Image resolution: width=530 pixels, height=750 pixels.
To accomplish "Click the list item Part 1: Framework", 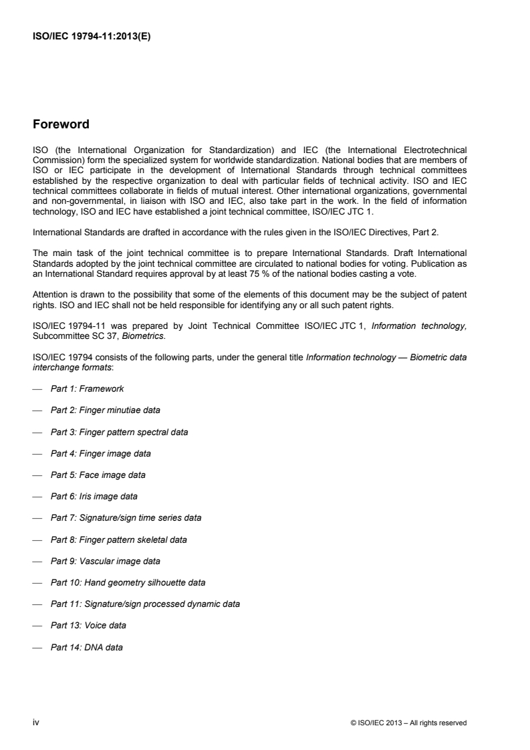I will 87,389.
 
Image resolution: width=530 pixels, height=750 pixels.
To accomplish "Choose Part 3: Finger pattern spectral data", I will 119,432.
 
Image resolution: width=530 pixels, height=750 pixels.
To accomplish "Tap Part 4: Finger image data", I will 100,454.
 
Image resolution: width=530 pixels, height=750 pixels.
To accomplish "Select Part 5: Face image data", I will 98,475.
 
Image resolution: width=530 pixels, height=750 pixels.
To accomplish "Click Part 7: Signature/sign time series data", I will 126,518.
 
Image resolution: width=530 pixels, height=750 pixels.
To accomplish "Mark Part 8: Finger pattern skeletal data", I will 119,539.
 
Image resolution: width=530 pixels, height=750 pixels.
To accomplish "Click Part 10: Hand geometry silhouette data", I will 128,582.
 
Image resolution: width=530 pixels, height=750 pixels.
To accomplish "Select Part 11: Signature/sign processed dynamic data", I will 145,604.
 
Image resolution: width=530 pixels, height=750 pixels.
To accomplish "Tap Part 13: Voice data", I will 88,626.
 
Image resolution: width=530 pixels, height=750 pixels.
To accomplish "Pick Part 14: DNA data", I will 86,647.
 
